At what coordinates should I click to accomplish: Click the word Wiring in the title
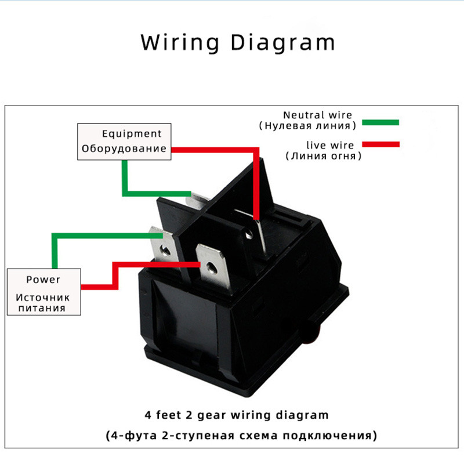click(x=180, y=43)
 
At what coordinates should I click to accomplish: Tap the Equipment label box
click(x=125, y=142)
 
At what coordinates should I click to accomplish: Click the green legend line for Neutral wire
click(x=380, y=122)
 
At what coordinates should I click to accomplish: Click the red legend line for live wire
click(x=380, y=144)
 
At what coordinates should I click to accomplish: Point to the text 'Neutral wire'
click(x=317, y=115)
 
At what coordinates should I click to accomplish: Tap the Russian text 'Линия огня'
click(x=324, y=155)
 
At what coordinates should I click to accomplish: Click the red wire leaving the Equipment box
click(x=215, y=150)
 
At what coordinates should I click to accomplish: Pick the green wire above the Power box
click(x=53, y=249)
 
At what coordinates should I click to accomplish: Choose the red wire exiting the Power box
click(x=99, y=285)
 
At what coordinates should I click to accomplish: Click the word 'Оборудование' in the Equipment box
click(x=124, y=148)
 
